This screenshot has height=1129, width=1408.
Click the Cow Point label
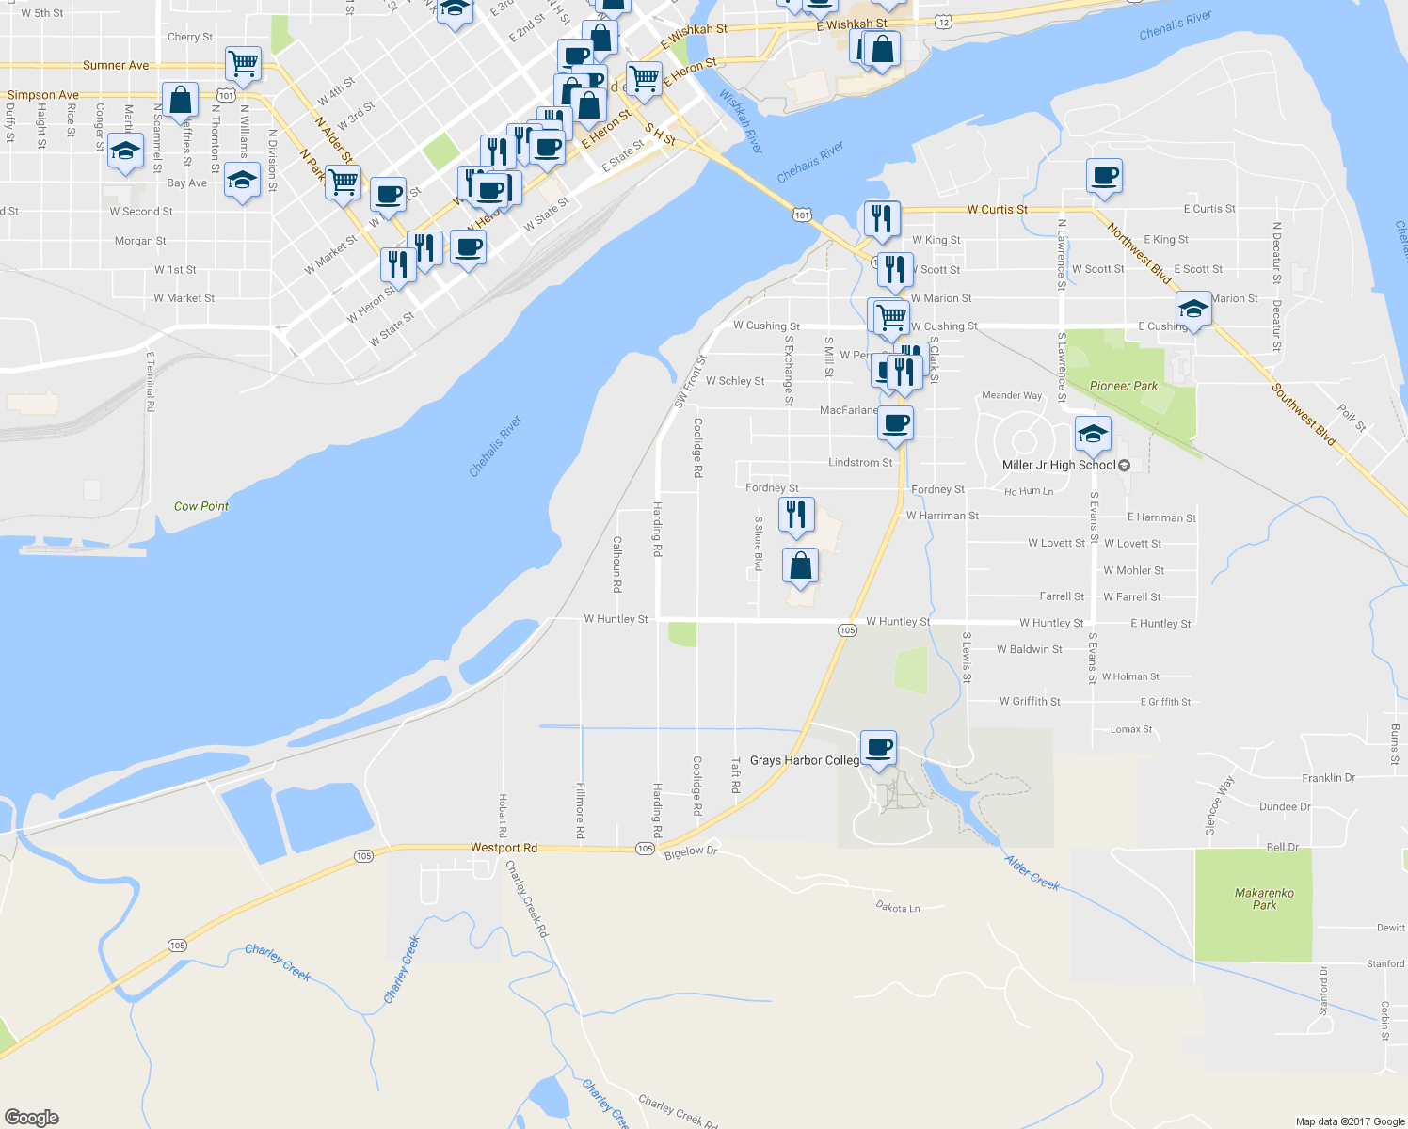[x=201, y=506]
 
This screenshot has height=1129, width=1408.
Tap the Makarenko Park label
[x=1264, y=899]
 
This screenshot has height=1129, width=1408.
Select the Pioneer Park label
[x=1123, y=386]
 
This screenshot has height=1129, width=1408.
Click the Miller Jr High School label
[x=1059, y=465]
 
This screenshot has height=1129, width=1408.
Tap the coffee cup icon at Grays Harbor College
[x=878, y=749]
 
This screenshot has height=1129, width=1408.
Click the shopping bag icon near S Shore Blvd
[x=800, y=566]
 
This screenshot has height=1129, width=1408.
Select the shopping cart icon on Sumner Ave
[x=244, y=64]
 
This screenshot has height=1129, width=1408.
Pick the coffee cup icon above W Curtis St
[x=1104, y=176]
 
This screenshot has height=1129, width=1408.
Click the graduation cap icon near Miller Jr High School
[x=1092, y=434]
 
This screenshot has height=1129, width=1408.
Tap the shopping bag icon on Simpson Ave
[x=180, y=100]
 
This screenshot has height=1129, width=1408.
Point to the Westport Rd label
[x=504, y=848]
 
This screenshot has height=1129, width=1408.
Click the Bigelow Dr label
[x=691, y=851]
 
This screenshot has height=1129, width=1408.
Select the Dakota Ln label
[x=898, y=907]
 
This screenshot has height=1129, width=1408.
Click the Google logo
[x=31, y=1118]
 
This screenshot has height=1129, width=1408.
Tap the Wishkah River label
[x=741, y=121]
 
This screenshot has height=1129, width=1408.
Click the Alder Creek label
[x=1032, y=872]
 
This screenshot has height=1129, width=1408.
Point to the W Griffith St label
[x=1030, y=701]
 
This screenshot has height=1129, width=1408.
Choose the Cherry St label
[x=190, y=37]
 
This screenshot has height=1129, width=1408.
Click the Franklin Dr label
[x=1328, y=778]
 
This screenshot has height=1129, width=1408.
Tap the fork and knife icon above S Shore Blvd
[x=796, y=515]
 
